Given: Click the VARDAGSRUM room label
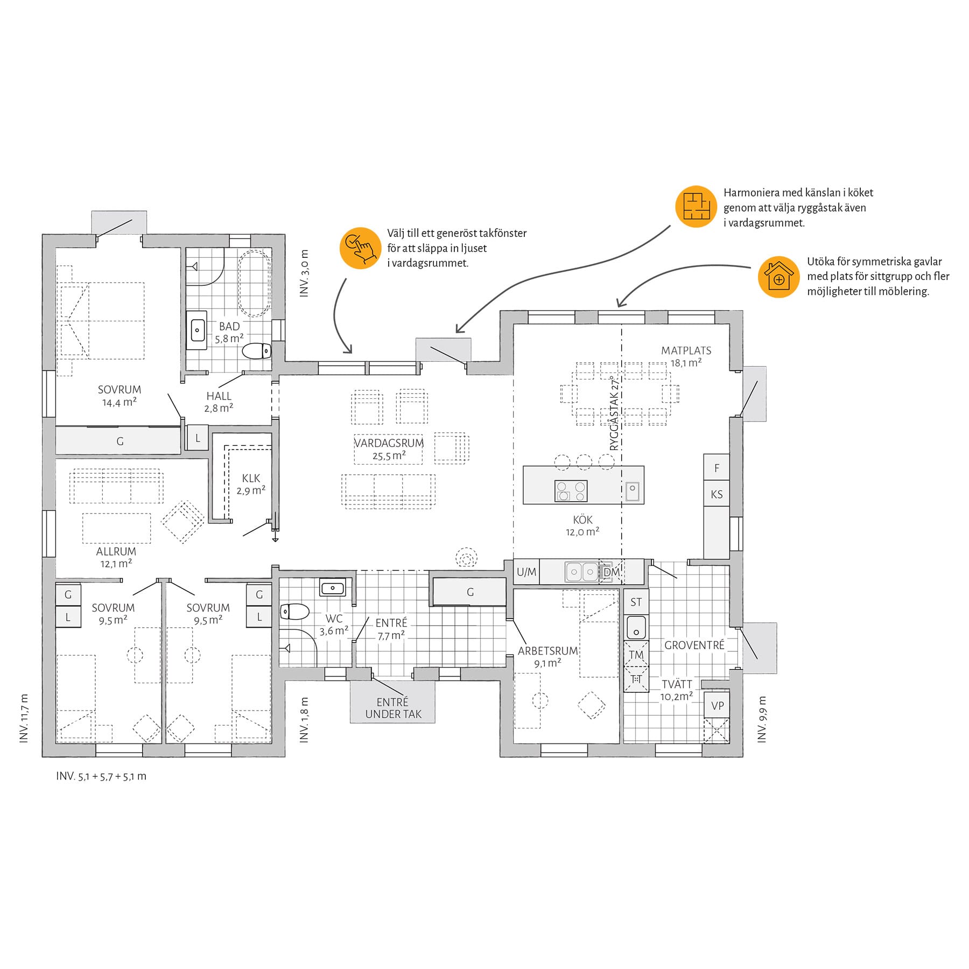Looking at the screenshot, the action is coord(389,443).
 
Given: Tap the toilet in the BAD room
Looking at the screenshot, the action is coord(256,351).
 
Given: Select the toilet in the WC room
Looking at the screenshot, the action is coord(294,612).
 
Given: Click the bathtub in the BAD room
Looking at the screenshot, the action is coord(254,283).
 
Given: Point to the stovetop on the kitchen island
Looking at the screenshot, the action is coord(571,491).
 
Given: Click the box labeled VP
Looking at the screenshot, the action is coord(717,706).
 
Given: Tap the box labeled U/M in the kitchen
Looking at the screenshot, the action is coord(526,572).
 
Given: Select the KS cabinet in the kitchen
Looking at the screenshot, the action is coord(717,494).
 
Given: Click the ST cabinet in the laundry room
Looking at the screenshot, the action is coord(636,602).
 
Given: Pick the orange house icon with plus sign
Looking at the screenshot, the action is coord(778,277).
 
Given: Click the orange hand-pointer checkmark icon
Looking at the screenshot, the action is coord(361,248).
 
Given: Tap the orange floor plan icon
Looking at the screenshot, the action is coord(696,207).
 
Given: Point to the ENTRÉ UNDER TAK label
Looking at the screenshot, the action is coord(393,708).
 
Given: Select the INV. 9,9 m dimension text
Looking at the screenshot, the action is coord(762,719).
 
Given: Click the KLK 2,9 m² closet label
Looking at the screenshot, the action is coord(251,484).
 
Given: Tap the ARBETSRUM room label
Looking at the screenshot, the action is coord(548,657).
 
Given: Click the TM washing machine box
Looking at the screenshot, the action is coord(636,655).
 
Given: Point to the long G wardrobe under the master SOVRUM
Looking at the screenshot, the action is coord(118,440).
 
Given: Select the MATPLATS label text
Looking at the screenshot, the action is coord(686,350).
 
